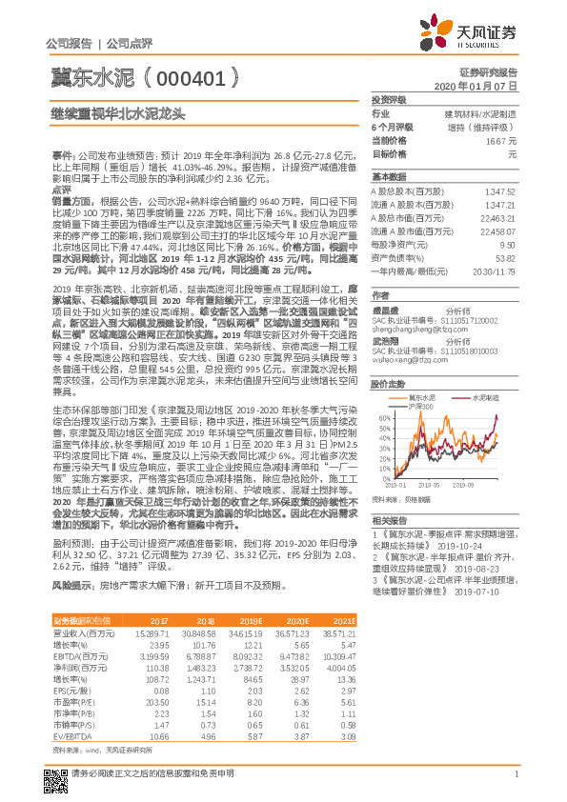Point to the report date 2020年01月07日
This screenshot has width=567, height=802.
484,86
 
